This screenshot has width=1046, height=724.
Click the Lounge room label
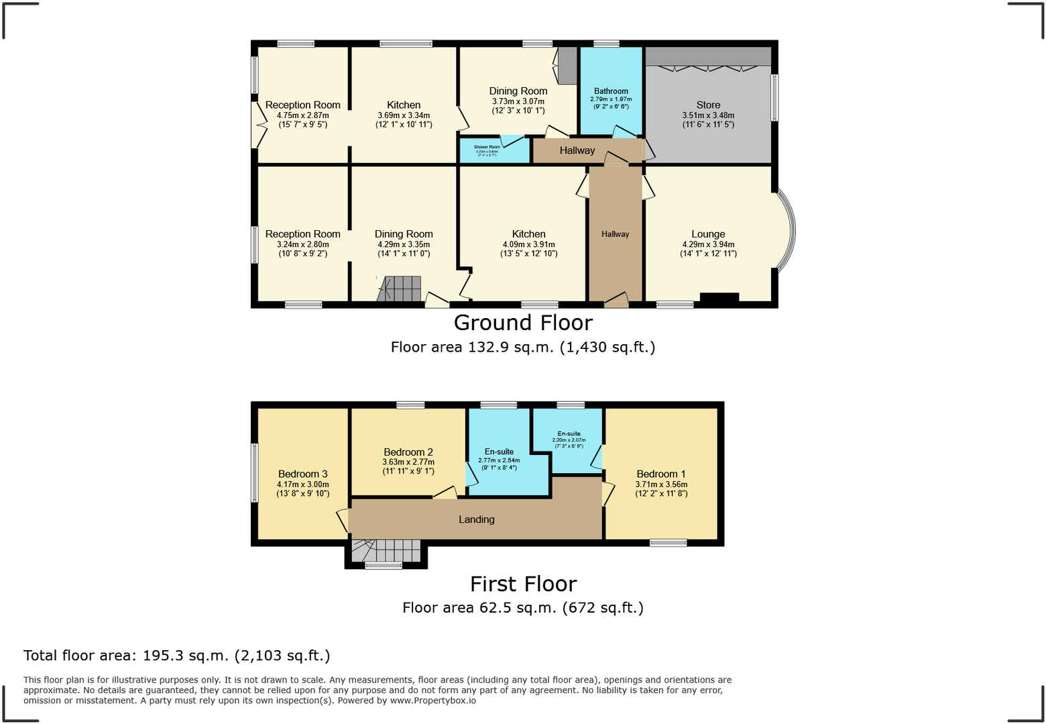click(708, 234)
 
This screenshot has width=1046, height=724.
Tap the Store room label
click(708, 105)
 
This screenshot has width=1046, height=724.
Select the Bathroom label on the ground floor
click(611, 91)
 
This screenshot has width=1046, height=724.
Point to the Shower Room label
click(487, 147)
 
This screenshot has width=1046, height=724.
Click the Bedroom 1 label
click(661, 474)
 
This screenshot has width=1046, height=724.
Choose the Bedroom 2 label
click(408, 452)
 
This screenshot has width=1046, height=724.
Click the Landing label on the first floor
click(477, 519)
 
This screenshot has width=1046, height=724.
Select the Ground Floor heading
click(523, 323)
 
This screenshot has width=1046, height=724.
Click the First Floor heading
click(523, 584)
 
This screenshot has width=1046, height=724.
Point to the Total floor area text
click(176, 656)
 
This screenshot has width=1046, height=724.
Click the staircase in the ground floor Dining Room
click(400, 289)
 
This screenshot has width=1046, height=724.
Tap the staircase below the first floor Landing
click(386, 551)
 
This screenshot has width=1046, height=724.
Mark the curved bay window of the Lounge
click(789, 231)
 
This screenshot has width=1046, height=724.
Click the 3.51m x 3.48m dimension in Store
click(708, 115)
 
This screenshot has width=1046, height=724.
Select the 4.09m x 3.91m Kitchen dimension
click(528, 245)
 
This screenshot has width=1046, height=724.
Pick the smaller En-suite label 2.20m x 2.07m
click(569, 439)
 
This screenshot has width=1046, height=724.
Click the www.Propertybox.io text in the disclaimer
click(433, 701)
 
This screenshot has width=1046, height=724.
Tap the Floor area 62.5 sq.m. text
click(523, 608)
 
